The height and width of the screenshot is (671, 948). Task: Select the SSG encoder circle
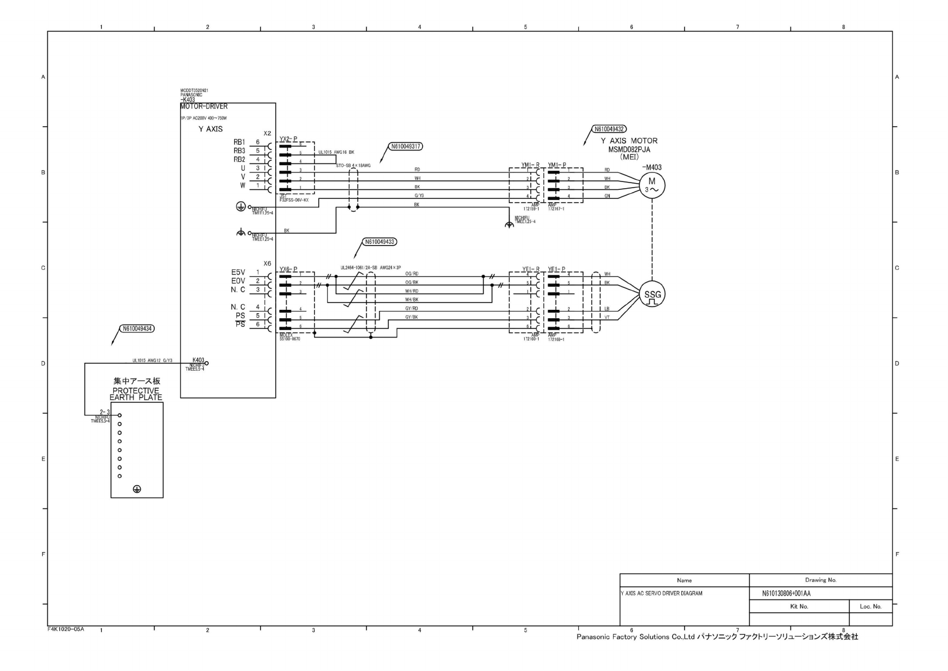point(652,295)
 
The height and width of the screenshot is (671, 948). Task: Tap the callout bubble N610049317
point(406,146)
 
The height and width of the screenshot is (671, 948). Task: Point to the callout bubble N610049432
point(610,129)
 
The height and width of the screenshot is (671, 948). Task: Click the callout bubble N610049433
point(380,242)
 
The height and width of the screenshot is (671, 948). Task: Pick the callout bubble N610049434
point(136,328)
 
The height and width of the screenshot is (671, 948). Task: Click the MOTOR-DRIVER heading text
point(204,106)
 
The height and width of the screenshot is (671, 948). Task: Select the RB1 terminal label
point(239,143)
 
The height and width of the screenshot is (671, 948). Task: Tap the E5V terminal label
point(238,273)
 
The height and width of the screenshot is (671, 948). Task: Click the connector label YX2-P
point(288,139)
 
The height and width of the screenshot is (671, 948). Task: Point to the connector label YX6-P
point(288,269)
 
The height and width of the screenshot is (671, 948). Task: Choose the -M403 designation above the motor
point(652,167)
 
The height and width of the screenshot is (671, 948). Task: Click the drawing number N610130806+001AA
point(786,593)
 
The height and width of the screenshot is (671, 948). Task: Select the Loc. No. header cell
point(870,606)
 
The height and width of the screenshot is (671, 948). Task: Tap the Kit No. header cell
point(799,606)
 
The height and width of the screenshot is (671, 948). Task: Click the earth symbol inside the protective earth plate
point(137,489)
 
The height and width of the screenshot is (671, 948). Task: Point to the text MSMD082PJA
point(629,149)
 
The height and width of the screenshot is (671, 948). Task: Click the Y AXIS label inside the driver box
point(211,129)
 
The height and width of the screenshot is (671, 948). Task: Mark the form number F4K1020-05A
point(66,629)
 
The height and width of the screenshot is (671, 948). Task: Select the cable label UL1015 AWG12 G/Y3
point(152,361)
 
